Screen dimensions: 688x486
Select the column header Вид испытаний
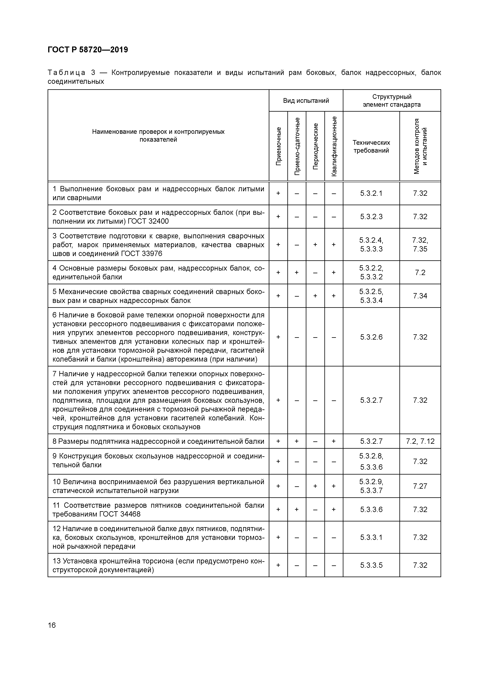coord(306,101)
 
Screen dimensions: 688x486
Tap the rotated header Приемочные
coord(278,146)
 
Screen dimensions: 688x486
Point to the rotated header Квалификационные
coord(334,146)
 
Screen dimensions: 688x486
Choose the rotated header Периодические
coord(315,146)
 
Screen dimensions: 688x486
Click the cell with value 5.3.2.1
coord(371,193)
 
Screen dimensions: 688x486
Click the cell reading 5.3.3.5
coord(371,565)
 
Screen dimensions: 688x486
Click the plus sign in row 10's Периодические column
coord(315,486)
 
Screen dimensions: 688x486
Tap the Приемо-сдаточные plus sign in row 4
coord(297,272)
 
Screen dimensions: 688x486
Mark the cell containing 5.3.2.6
coord(371,337)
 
